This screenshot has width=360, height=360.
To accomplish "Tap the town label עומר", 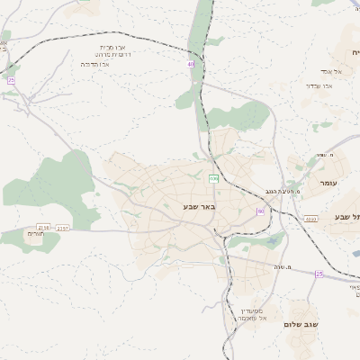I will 328,182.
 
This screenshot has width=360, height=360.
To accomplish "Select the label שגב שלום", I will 301,324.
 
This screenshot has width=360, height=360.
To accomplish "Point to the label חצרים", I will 35,233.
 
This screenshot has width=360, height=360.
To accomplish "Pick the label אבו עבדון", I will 319,85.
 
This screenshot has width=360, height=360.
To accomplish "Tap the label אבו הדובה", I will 94,64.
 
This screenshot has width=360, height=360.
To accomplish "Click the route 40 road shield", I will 191,65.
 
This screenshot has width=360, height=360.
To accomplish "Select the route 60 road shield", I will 261,211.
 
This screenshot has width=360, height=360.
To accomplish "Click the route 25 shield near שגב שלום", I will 319,274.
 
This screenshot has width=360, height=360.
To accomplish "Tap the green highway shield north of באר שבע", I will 213,179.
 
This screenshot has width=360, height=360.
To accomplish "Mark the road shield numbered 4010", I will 310,219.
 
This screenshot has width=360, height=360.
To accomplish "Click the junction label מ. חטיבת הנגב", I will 282,191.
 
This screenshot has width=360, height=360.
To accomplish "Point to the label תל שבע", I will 346,217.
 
